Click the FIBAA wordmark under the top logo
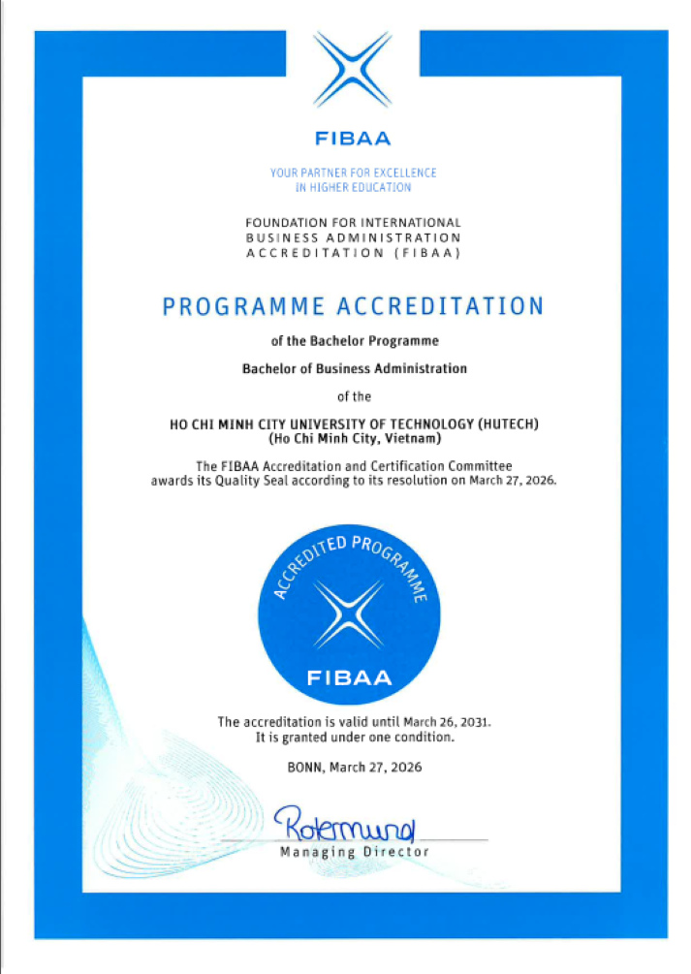tap(353, 139)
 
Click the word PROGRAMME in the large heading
tap(242, 306)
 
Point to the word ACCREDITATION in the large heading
tap(439, 306)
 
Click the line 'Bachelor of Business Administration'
tap(354, 368)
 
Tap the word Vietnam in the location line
tap(415, 439)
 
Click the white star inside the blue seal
tap(351, 613)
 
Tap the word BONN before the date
tap(305, 767)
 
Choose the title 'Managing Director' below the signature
tap(354, 852)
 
